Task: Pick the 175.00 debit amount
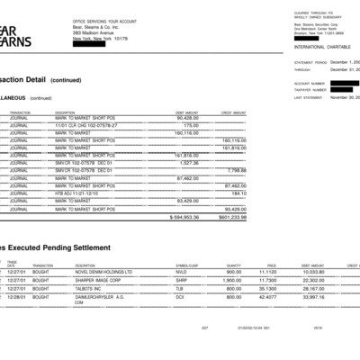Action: pyautogui.click(x=190, y=125)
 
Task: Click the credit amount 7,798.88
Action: pyautogui.click(x=237, y=169)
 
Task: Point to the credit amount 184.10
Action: pyautogui.click(x=238, y=192)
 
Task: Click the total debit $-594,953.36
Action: pyautogui.click(x=184, y=217)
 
